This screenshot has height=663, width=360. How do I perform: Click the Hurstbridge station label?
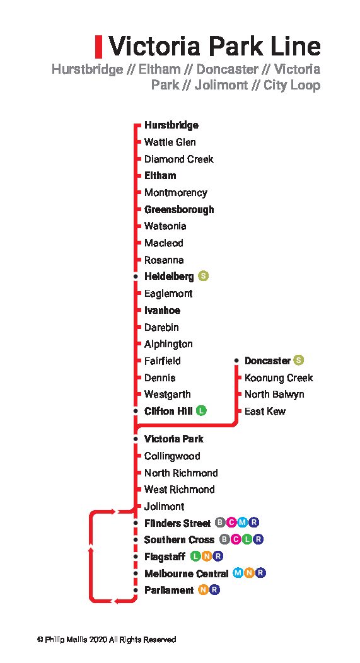point(171,125)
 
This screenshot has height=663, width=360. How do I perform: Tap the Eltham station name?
point(160,175)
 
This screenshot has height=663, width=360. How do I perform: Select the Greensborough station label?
point(179,209)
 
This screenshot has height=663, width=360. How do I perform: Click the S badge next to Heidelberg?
point(204,276)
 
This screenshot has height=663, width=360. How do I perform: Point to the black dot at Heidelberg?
point(136,277)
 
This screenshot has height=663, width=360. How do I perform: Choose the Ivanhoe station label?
point(162,310)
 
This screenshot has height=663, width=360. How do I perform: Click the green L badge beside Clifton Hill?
point(201,410)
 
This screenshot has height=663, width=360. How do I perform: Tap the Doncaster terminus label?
point(267,360)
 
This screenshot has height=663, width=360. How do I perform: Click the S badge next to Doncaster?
point(299,360)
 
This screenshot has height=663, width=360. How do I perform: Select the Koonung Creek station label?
point(279,378)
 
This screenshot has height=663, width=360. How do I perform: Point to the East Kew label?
point(265,411)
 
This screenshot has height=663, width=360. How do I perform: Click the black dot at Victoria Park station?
point(136,439)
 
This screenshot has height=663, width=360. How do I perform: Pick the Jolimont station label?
point(164,506)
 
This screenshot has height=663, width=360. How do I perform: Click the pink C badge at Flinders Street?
point(231,522)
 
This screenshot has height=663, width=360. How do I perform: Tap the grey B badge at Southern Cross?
point(224,539)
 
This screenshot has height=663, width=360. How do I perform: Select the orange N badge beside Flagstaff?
point(206,556)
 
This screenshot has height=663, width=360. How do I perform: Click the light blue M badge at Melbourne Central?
point(238,573)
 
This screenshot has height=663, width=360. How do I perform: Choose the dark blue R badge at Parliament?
point(214,590)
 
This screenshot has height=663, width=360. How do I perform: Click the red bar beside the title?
point(98,47)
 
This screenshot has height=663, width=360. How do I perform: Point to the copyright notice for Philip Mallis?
point(106,640)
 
